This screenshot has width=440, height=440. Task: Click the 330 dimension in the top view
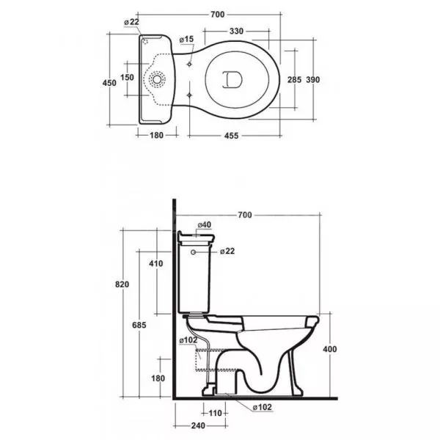[236, 31]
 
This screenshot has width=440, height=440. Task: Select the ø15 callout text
[186, 40]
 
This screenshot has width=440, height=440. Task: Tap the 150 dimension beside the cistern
[127, 77]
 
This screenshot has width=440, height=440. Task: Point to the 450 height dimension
[109, 83]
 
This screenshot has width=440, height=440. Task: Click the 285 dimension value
[294, 80]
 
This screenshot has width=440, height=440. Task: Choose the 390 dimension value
[313, 80]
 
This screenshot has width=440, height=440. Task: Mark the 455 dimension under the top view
[232, 136]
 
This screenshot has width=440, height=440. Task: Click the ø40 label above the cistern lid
[205, 225]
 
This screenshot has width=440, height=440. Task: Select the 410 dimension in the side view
[156, 263]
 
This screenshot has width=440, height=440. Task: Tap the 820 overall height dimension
[122, 285]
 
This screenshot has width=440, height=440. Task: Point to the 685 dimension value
[139, 325]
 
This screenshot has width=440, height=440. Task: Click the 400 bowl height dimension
[330, 349]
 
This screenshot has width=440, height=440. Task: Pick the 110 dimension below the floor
[215, 413]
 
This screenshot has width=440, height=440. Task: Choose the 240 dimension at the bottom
[198, 425]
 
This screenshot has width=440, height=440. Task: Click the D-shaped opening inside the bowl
[232, 80]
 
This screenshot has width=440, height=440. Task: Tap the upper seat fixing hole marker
[189, 65]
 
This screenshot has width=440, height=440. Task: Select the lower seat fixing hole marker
[189, 95]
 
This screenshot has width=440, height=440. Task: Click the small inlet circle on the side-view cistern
[193, 252]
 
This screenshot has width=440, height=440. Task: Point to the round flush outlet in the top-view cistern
[157, 80]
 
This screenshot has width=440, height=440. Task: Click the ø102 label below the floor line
[263, 407]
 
